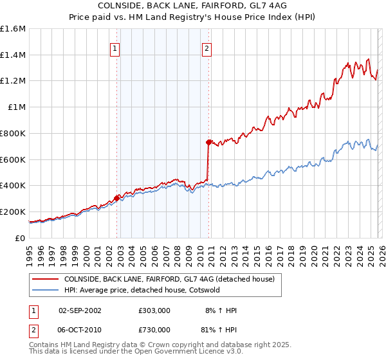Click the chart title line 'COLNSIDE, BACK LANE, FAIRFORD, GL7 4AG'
click(x=192, y=5)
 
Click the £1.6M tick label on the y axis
click(x=14, y=29)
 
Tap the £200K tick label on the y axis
click(x=13, y=212)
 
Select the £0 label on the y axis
click(x=21, y=238)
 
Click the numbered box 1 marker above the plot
click(x=115, y=48)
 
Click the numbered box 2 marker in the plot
click(x=207, y=48)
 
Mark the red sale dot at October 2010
click(x=208, y=142)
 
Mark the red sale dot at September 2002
click(x=116, y=198)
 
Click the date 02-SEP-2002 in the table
click(x=80, y=310)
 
